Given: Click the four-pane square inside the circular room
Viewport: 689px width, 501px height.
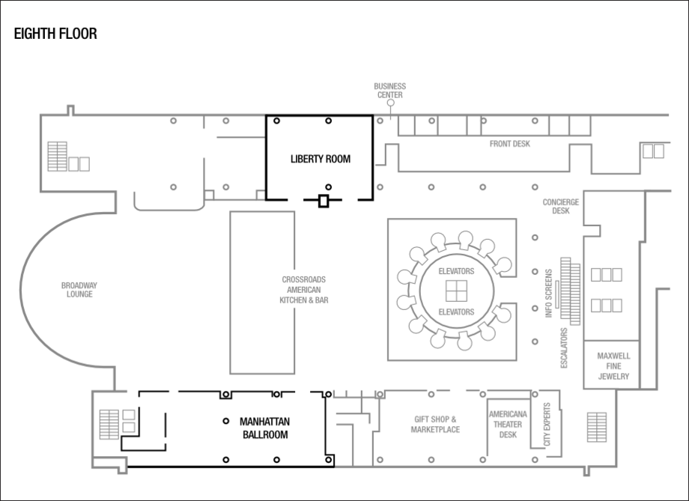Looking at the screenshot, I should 455,289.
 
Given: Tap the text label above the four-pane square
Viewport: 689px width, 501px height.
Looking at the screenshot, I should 455,270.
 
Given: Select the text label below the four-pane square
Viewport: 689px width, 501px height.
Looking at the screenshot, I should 455,310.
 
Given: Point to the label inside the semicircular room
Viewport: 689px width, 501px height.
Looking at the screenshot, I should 79,288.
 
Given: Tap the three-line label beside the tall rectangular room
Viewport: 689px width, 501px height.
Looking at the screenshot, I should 304,288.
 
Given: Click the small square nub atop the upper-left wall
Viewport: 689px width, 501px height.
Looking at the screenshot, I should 70,109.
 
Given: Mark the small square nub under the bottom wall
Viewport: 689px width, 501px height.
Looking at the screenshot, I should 586,473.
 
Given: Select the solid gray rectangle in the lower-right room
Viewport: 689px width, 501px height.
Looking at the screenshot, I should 597,427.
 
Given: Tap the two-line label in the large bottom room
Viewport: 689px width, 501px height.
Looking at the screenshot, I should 436,425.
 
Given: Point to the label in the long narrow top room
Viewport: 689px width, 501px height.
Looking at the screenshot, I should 510,143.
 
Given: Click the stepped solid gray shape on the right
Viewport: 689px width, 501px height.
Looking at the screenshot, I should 568,290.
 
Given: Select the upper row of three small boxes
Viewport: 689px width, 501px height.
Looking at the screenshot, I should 607,274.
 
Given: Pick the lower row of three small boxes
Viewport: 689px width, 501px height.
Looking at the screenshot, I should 607,306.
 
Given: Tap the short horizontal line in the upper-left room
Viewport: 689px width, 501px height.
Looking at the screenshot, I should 240,137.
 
